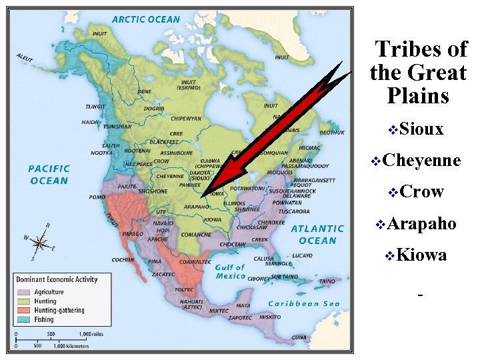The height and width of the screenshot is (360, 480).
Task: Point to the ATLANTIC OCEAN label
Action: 317,234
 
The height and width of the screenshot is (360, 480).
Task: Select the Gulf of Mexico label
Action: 231,271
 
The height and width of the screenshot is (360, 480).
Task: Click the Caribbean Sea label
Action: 304,304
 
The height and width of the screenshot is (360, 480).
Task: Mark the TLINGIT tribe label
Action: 97,106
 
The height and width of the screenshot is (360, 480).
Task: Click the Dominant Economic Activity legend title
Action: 57,279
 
